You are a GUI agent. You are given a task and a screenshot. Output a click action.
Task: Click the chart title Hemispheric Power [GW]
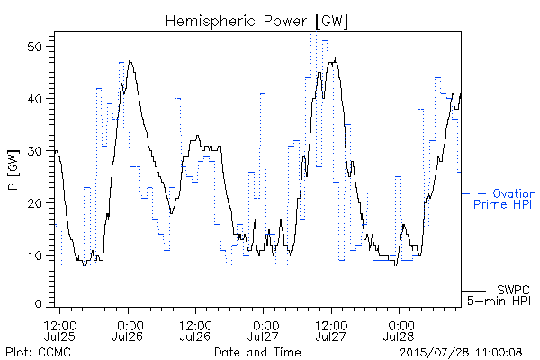tap(256, 22)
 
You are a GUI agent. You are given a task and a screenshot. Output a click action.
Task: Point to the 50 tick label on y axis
tap(35, 47)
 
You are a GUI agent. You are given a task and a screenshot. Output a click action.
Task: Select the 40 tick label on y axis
tap(35, 99)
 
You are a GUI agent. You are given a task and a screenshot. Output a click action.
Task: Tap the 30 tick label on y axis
tap(35, 151)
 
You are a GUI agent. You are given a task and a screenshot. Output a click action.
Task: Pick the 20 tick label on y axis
tap(35, 203)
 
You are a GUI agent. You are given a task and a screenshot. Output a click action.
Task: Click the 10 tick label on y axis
tap(35, 256)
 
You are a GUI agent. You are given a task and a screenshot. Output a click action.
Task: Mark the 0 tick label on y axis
tap(39, 304)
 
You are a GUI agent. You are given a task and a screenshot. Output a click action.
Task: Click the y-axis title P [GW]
tap(13, 170)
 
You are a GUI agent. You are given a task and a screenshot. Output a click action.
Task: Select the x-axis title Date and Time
tap(257, 352)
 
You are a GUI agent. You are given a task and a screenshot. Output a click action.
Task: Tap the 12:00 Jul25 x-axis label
tap(60, 330)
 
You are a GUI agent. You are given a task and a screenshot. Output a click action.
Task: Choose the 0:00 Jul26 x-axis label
tap(128, 330)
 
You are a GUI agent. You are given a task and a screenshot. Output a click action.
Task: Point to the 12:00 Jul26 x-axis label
tap(195, 330)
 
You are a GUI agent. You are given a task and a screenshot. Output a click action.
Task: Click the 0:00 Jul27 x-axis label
tap(264, 330)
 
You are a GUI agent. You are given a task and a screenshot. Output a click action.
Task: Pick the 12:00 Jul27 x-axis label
tap(331, 330)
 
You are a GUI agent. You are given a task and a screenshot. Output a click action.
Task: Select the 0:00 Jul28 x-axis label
tap(399, 330)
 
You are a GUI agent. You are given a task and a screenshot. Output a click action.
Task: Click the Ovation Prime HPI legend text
tap(505, 199)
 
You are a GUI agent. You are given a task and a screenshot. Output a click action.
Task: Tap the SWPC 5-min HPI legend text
tap(499, 295)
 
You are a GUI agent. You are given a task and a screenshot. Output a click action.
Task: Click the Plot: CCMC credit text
tap(38, 353)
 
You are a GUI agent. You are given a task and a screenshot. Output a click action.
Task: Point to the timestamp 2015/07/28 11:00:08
tap(461, 353)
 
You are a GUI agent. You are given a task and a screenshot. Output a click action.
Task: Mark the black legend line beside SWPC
tap(473, 291)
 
